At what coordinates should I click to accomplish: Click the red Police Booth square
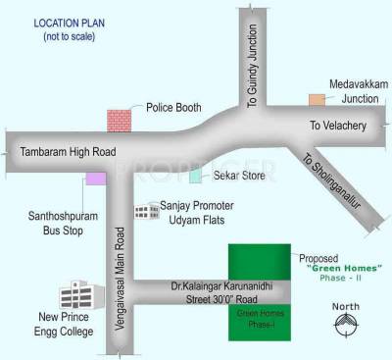119,119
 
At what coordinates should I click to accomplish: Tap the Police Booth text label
170,107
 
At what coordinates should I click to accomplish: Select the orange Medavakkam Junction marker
317,99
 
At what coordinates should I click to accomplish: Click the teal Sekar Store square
195,175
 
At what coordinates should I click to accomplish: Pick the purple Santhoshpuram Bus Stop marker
95,178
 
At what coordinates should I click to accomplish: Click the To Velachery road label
336,126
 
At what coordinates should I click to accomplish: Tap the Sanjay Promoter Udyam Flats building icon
147,212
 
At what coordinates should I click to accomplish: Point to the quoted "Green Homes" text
335,266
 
